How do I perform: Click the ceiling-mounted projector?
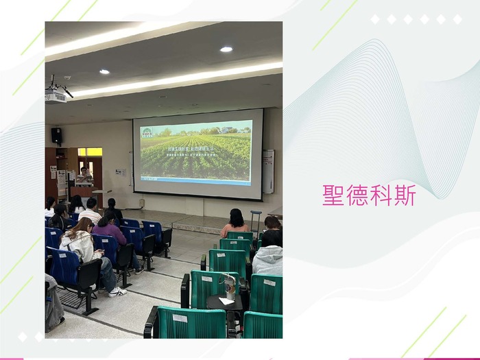pos(56,95)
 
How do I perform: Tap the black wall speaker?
pos(56,135)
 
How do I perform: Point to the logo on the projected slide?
pos(147,132)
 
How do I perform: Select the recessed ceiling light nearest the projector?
pos(104,71)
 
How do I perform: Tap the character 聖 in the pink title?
pos(334,195)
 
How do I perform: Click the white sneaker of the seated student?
pos(117,292)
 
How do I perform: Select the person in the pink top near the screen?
pos(235,224)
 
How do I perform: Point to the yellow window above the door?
pos(89,152)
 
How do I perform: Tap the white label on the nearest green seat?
pos(180,318)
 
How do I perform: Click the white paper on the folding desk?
pos(225,301)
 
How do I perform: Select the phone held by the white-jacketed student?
pos(98,254)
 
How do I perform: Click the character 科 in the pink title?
pos(381,195)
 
